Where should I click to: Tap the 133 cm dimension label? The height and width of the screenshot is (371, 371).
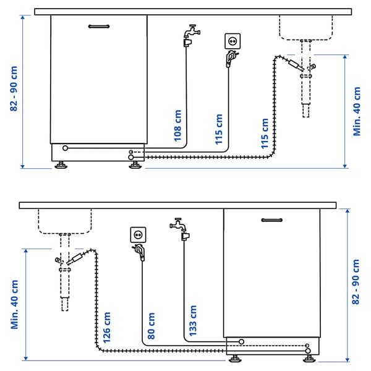pyautogui.click(x=192, y=321)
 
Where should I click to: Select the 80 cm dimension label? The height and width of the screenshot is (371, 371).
pyautogui.click(x=151, y=328)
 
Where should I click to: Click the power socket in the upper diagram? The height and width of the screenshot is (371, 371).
pyautogui.click(x=234, y=41)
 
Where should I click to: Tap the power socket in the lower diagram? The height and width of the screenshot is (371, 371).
pyautogui.click(x=137, y=234)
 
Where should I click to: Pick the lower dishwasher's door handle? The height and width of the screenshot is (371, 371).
pyautogui.click(x=271, y=220)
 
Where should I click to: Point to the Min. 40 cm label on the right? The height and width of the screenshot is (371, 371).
pyautogui.click(x=356, y=111)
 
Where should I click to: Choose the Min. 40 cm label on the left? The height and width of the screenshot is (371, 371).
pyautogui.click(x=14, y=304)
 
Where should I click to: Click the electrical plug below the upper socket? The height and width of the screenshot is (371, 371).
pyautogui.click(x=230, y=58)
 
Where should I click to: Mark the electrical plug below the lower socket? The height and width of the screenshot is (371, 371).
pyautogui.click(x=140, y=251)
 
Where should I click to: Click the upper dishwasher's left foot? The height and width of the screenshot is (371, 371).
pyautogui.click(x=61, y=165)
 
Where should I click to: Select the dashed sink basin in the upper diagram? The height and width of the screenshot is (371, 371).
pyautogui.click(x=305, y=27)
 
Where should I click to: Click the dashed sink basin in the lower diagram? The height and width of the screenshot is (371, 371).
pyautogui.click(x=64, y=221)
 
